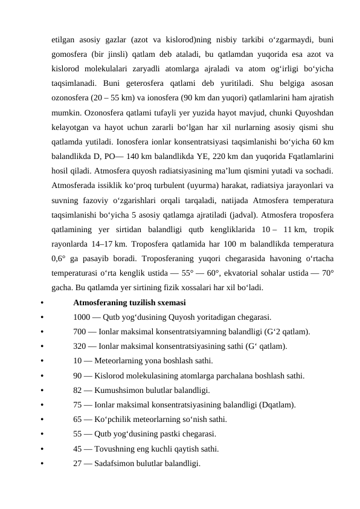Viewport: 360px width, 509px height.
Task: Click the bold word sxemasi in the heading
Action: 171,302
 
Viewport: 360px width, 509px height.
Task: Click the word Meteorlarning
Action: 120,361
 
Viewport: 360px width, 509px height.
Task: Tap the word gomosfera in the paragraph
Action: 72,53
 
